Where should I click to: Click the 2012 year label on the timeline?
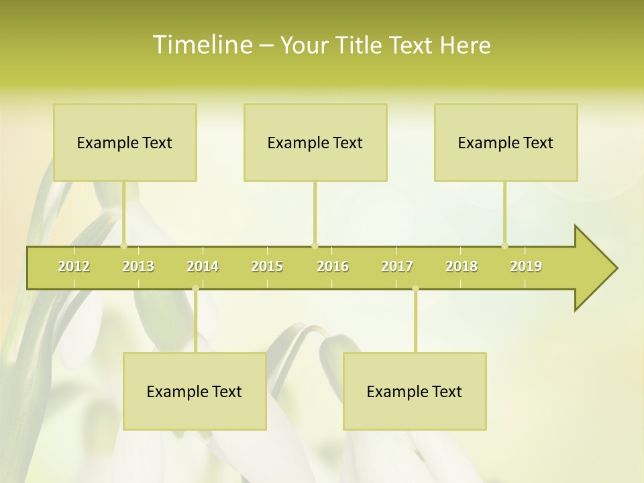pyautogui.click(x=74, y=266)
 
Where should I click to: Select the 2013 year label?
pyautogui.click(x=138, y=266)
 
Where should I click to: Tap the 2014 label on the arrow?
pyautogui.click(x=203, y=266)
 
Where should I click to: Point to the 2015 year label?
pyautogui.click(x=267, y=266)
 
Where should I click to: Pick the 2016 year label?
pyautogui.click(x=333, y=266)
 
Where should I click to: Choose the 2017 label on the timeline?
pyautogui.click(x=397, y=266)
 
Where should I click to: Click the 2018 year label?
pyautogui.click(x=462, y=266)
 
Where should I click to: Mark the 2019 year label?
pyautogui.click(x=526, y=266)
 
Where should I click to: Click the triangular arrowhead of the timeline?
pyautogui.click(x=594, y=268)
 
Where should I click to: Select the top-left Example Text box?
pyautogui.click(x=125, y=142)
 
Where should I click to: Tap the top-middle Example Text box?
pyautogui.click(x=315, y=142)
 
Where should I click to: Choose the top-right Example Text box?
pyautogui.click(x=506, y=142)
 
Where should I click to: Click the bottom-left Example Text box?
pyautogui.click(x=195, y=391)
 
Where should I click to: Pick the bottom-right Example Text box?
pyautogui.click(x=415, y=391)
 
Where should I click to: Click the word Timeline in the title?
pyautogui.click(x=201, y=44)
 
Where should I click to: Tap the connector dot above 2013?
pyautogui.click(x=123, y=246)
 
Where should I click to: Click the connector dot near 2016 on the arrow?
pyautogui.click(x=315, y=246)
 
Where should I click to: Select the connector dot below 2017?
pyautogui.click(x=415, y=288)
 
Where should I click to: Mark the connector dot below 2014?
pyautogui.click(x=195, y=288)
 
